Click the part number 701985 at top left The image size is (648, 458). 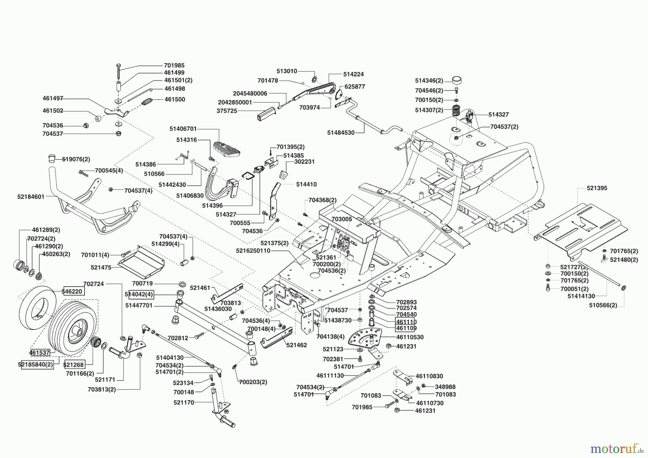(174, 66)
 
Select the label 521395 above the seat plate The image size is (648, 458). (597, 188)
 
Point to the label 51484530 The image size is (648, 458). (341, 133)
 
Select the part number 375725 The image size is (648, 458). (227, 111)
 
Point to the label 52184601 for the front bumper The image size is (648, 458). (31, 197)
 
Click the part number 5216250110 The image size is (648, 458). (253, 251)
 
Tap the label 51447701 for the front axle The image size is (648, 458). (139, 305)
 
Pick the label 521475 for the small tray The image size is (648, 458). (101, 268)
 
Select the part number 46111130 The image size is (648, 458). (330, 376)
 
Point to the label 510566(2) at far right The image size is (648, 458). (603, 305)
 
